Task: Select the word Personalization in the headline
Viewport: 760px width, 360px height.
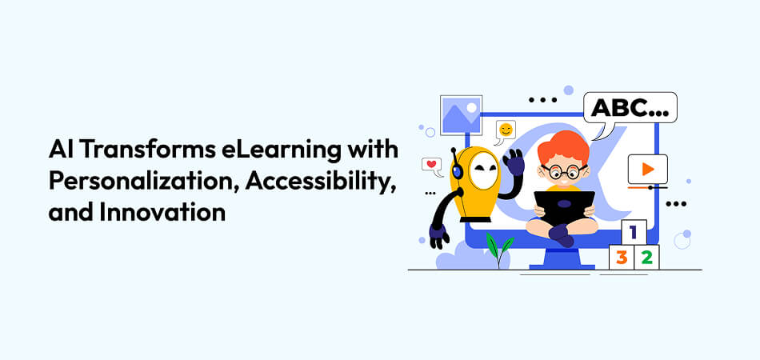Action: pyautogui.click(x=143, y=182)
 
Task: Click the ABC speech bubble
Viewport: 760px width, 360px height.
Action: pyautogui.click(x=630, y=109)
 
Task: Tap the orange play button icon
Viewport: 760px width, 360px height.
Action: pyautogui.click(x=647, y=169)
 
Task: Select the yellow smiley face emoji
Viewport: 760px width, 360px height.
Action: pyautogui.click(x=506, y=130)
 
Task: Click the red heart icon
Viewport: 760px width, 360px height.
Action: pyautogui.click(x=432, y=166)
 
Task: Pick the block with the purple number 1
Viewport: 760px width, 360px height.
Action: pyautogui.click(x=634, y=233)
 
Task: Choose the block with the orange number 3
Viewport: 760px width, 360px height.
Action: pyautogui.click(x=621, y=258)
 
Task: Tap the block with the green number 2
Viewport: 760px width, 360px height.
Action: pyautogui.click(x=646, y=258)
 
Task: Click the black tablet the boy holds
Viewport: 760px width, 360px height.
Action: pyautogui.click(x=565, y=206)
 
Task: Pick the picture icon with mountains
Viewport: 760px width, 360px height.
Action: pyautogui.click(x=461, y=115)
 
